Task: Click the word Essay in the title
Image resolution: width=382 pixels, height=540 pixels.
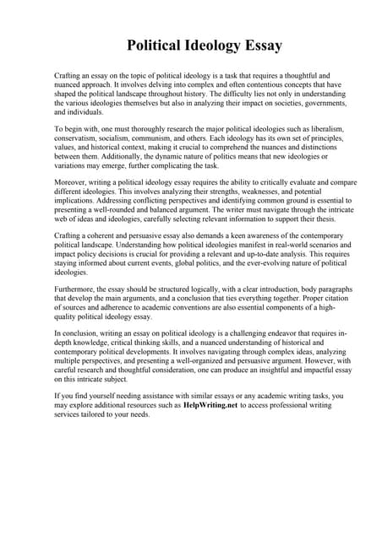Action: pos(258,45)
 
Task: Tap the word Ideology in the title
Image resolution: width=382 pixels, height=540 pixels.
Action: pos(203,45)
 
